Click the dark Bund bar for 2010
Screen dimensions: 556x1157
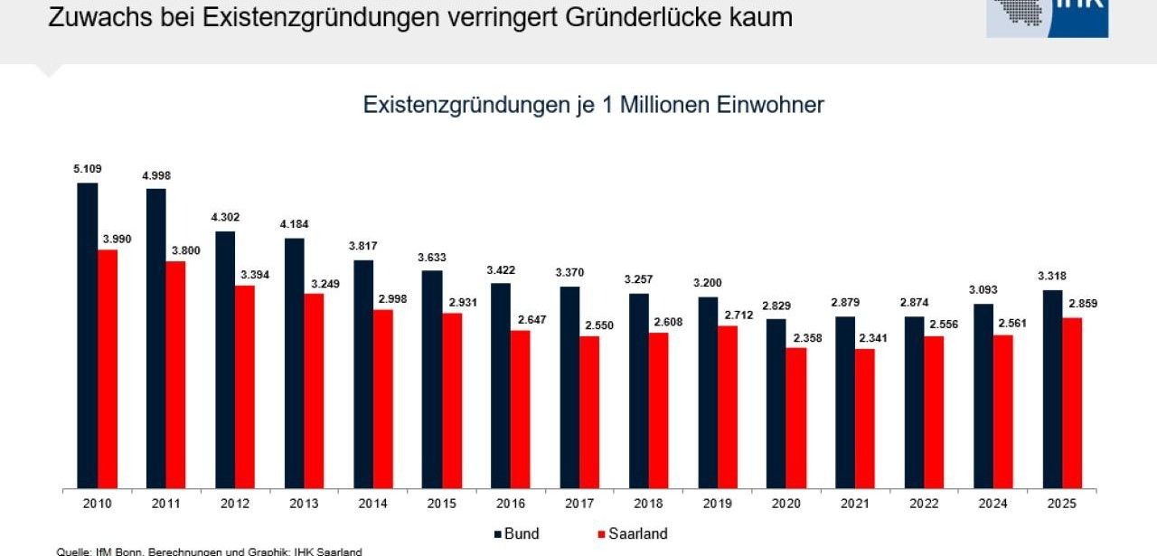click(88, 335)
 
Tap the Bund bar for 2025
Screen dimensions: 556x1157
click(1052, 389)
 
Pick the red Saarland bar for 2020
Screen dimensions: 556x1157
click(796, 418)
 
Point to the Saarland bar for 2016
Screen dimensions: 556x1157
click(521, 409)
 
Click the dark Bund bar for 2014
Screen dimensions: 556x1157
click(363, 373)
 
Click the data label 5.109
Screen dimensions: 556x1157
click(88, 168)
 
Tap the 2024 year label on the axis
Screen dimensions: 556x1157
click(992, 504)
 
